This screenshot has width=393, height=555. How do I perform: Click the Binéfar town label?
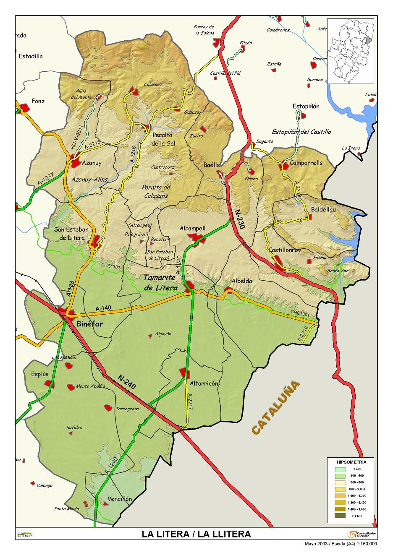(x=90, y=323)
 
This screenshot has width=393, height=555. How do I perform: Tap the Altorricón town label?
(x=204, y=383)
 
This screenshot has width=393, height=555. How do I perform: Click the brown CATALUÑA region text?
(x=276, y=407)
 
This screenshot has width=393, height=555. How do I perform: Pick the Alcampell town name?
(x=192, y=228)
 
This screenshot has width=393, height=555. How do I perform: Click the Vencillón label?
(x=120, y=499)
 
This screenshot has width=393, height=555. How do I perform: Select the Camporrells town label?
(x=306, y=163)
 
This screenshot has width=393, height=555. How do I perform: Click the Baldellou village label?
(x=323, y=209)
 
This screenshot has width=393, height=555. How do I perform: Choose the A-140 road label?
(x=103, y=308)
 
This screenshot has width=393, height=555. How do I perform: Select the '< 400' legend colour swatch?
(x=341, y=469)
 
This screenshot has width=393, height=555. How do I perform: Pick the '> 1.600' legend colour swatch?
(x=341, y=516)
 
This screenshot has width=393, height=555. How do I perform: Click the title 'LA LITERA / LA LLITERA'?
(x=196, y=534)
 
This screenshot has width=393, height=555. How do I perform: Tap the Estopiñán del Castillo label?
(x=301, y=132)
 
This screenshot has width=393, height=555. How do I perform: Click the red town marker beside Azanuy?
(x=76, y=163)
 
